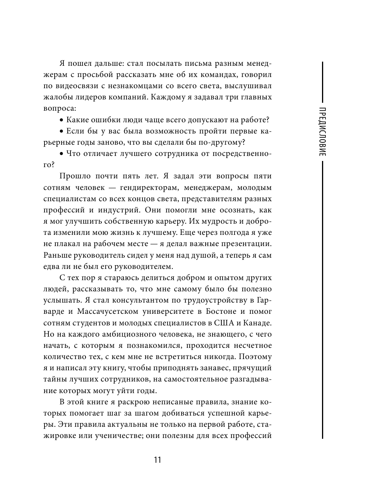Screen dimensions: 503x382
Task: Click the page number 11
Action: [x=157, y=460]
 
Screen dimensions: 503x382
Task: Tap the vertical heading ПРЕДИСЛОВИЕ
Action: [x=322, y=131]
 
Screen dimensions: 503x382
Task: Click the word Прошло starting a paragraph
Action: [x=75, y=176]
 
